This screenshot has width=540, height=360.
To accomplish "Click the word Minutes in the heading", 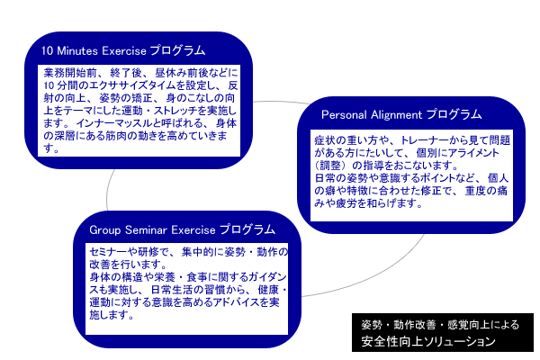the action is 77,51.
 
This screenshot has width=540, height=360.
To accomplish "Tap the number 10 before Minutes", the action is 47,51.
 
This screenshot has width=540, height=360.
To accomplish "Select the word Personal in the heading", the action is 344,114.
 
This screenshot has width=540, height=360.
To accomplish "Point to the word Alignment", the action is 396,115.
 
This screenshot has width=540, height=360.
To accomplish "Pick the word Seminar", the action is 146,230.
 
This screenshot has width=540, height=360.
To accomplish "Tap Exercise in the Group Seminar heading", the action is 193,230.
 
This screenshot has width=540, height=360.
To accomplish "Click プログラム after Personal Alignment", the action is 454,114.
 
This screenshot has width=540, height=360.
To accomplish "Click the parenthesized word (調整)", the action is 330,166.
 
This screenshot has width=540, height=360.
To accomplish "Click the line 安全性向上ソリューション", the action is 428,341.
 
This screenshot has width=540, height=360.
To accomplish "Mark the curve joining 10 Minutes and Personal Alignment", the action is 282,102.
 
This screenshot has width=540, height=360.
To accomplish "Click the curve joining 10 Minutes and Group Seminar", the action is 108,191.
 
